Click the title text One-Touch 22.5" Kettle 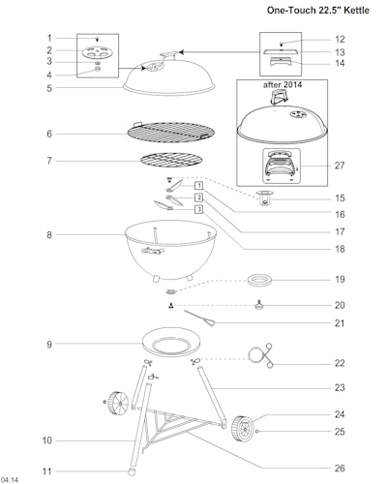[x=317, y=11]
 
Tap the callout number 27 [x=340, y=166]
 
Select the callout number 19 [x=340, y=279]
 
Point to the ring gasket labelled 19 [x=259, y=280]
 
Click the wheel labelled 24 [x=242, y=429]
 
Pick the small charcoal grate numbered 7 [x=171, y=160]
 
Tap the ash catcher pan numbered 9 [x=171, y=342]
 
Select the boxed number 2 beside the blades [x=199, y=197]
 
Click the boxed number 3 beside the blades [x=199, y=209]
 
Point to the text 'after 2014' [x=283, y=85]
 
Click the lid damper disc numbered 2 [x=98, y=52]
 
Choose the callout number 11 [x=47, y=471]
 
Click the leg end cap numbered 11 [x=132, y=471]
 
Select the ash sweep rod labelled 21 [x=199, y=318]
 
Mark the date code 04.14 [x=10, y=480]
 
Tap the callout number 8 [x=49, y=235]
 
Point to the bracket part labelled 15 [x=265, y=197]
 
